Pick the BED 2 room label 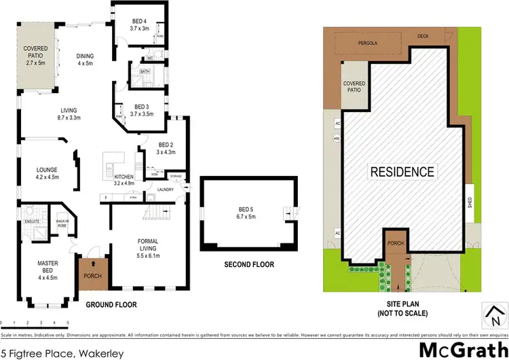click(166, 149)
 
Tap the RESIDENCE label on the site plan click(401, 172)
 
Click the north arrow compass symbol click(494, 313)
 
